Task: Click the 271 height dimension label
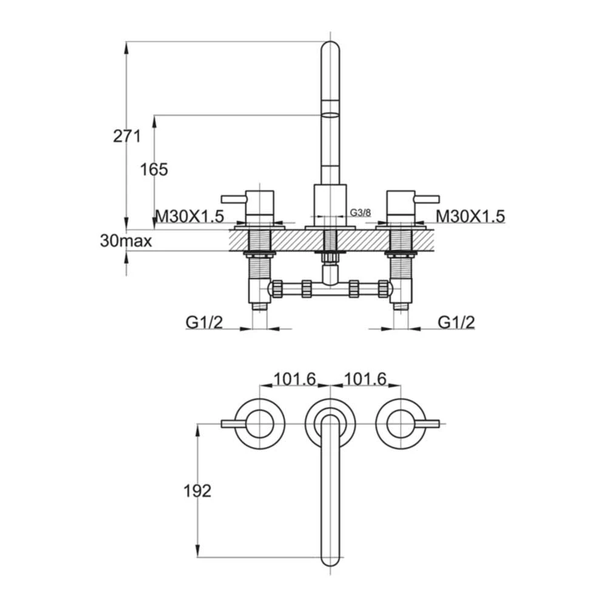coord(127,136)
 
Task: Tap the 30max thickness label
coord(126,241)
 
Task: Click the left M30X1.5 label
coord(191,215)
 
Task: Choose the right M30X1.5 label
coord(470,215)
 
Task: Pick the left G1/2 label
coord(204,322)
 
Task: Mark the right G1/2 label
coord(456,322)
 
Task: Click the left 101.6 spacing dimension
coord(294,379)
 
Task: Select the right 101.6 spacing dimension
coord(365,379)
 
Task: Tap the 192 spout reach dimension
coord(197,490)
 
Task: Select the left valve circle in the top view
coord(260,423)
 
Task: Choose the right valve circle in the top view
coord(400,423)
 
